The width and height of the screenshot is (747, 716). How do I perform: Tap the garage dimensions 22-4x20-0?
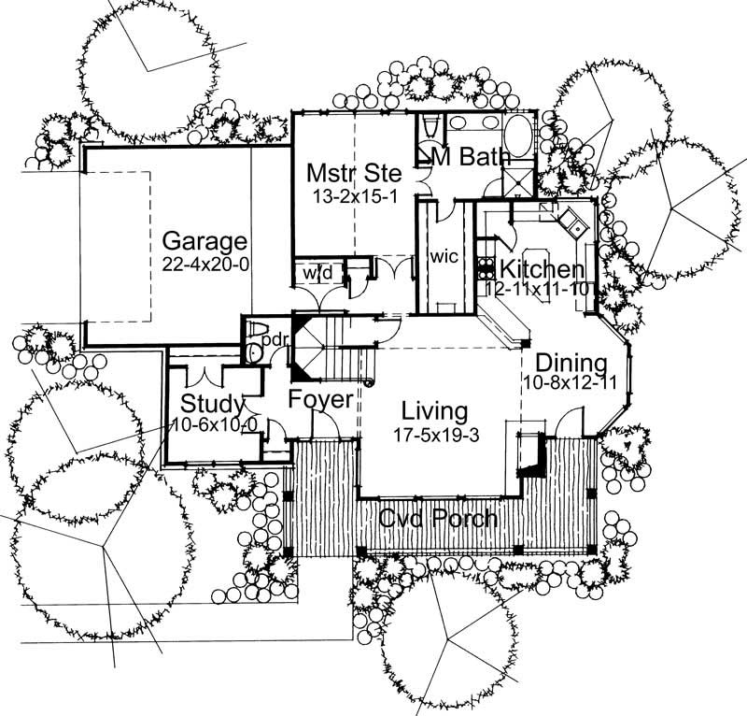point(204,264)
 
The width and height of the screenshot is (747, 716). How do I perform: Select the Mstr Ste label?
point(354,173)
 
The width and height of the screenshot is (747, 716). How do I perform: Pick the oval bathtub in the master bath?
point(518,136)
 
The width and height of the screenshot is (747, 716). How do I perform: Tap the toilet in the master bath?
point(431,128)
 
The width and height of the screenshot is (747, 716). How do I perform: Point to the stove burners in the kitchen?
point(486,268)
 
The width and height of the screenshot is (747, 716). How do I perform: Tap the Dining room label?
point(571,362)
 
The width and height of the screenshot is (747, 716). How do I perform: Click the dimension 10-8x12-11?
point(571,383)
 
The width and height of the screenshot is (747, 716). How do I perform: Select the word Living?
point(434,410)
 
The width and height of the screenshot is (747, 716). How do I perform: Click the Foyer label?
point(319,400)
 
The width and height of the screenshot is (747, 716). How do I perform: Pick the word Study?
point(212,405)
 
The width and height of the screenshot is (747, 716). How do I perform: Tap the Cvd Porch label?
point(438,518)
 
